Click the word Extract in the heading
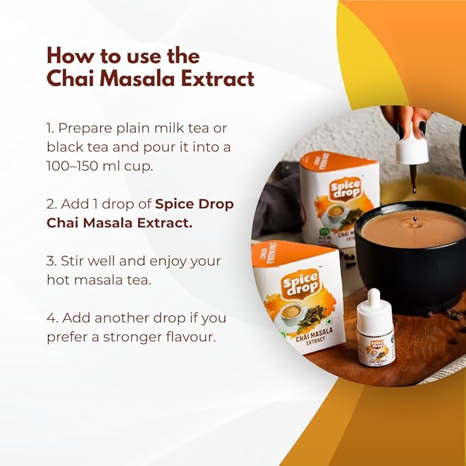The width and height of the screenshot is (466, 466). [218, 78]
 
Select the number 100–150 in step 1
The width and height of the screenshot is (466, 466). [72, 166]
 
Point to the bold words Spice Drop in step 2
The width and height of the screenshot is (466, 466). [194, 205]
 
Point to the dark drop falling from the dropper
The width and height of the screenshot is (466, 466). [412, 189]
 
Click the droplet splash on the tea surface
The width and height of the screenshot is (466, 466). [415, 221]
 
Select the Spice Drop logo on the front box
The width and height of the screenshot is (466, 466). [301, 283]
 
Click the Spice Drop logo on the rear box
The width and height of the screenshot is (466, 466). [347, 189]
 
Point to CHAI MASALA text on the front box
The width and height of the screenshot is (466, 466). [314, 334]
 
